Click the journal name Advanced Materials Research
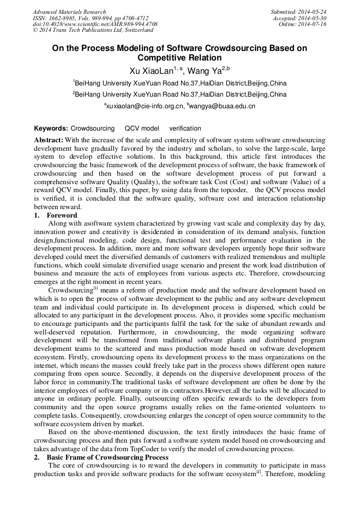pyautogui.click(x=69, y=12)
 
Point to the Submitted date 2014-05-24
pyautogui.click(x=312, y=12)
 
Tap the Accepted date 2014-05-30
pyautogui.click(x=312, y=18)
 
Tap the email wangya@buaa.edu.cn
pyautogui.click(x=222, y=106)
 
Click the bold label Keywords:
pyautogui.click(x=51, y=128)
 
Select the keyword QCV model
pyautogui.click(x=141, y=128)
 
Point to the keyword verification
pyautogui.click(x=185, y=128)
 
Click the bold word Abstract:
pyautogui.click(x=49, y=140)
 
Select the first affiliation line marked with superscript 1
pyautogui.click(x=180, y=83)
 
